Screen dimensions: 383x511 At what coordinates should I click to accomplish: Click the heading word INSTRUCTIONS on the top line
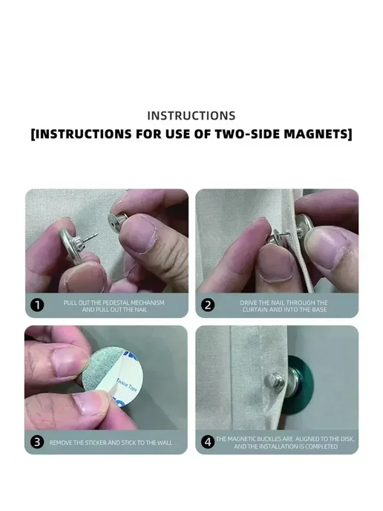191,116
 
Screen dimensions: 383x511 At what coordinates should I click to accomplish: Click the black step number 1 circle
37,305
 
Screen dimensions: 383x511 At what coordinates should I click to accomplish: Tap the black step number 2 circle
208,305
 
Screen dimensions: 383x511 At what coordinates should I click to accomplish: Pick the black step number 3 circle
37,442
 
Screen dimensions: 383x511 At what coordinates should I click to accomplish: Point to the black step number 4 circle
208,442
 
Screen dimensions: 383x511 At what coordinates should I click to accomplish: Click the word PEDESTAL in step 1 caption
116,303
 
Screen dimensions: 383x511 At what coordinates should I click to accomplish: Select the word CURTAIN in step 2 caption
255,310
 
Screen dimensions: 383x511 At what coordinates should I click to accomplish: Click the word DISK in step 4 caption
347,439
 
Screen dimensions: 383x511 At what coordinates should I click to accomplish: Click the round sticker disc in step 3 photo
112,378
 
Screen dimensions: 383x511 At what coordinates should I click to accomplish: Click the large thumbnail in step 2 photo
324,248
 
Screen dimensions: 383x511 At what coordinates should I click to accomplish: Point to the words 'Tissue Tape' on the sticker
128,385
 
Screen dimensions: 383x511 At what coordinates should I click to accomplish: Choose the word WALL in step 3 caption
165,443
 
